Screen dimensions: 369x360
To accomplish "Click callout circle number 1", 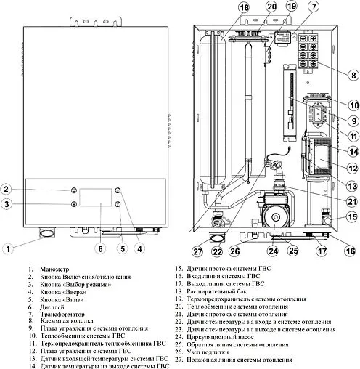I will pos(8,248).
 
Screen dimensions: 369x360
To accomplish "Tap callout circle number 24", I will pos(273,251).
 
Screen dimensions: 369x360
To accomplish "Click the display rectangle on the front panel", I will pos(97,198).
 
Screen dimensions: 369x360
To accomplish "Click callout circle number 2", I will pos(7,190).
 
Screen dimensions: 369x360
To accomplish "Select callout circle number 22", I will pos(217,251).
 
